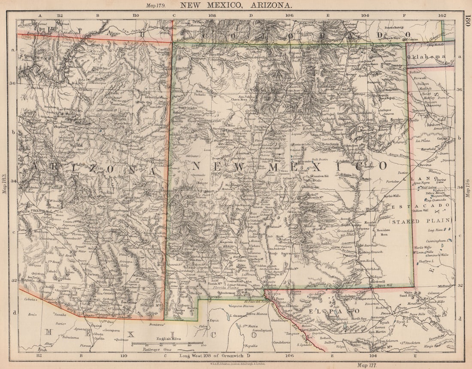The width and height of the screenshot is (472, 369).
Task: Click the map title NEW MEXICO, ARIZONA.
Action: (236, 5)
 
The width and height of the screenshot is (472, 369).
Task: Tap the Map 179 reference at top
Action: (156, 6)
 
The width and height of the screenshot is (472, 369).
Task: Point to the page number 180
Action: (468, 20)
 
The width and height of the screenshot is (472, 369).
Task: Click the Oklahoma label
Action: (427, 57)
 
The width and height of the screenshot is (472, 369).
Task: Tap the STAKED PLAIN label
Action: (421, 221)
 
